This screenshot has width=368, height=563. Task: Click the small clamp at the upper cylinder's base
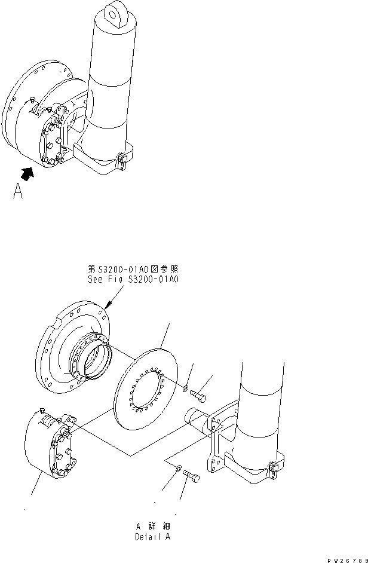pos(121,161)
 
